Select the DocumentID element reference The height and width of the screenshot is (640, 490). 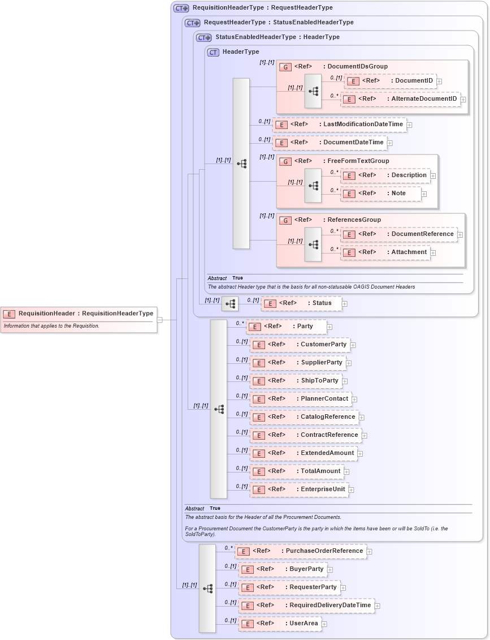(390, 81)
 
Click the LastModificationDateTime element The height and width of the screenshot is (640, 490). (339, 124)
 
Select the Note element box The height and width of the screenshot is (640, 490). (381, 194)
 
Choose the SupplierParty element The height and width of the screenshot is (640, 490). (298, 363)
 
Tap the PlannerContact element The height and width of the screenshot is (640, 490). (301, 399)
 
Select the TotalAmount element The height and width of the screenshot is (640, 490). (297, 471)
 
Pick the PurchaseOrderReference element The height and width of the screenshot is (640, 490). (301, 551)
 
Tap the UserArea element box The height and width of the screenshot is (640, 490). (280, 624)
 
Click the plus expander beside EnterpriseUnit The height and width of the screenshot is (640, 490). (352, 490)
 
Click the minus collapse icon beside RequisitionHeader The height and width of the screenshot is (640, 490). (160, 320)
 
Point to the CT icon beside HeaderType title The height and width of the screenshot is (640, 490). (213, 52)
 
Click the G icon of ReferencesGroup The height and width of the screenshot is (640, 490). (285, 220)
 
